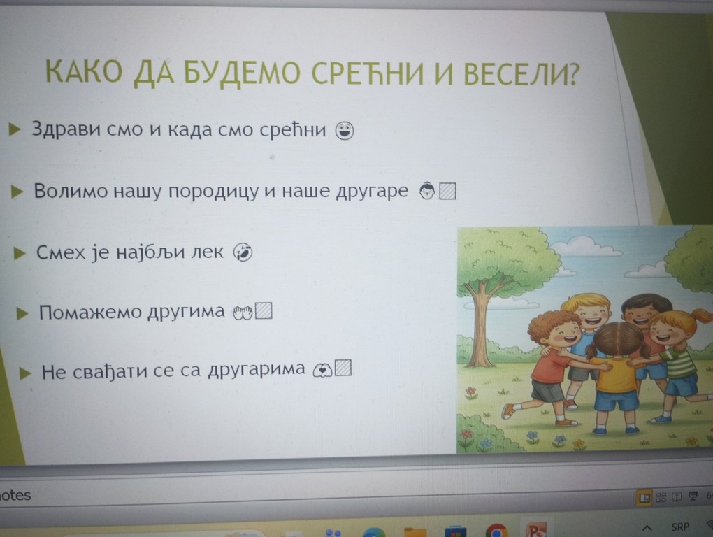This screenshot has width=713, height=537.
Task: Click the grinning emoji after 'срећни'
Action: [345, 131]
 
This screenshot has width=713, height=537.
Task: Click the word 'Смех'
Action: [61, 252]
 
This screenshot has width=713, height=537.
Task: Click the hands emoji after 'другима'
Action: [243, 313]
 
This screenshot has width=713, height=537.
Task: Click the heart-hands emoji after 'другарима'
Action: [322, 370]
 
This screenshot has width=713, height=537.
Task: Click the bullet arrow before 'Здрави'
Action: [15, 129]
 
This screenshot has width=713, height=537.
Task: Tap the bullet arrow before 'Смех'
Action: [20, 253]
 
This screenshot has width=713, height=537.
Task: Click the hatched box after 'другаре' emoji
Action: [447, 191]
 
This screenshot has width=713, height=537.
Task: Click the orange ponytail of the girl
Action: [700, 316]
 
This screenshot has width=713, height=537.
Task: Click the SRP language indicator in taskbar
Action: [680, 527]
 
